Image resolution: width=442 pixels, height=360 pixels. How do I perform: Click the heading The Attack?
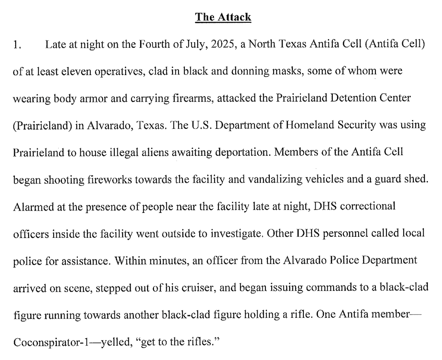[x=223, y=17]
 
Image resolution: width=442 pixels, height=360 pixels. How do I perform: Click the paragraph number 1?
[x=17, y=45]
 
